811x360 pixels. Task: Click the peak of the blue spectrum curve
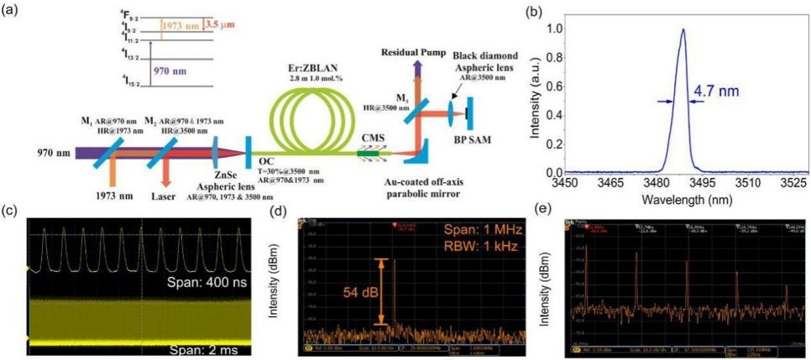(683, 30)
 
